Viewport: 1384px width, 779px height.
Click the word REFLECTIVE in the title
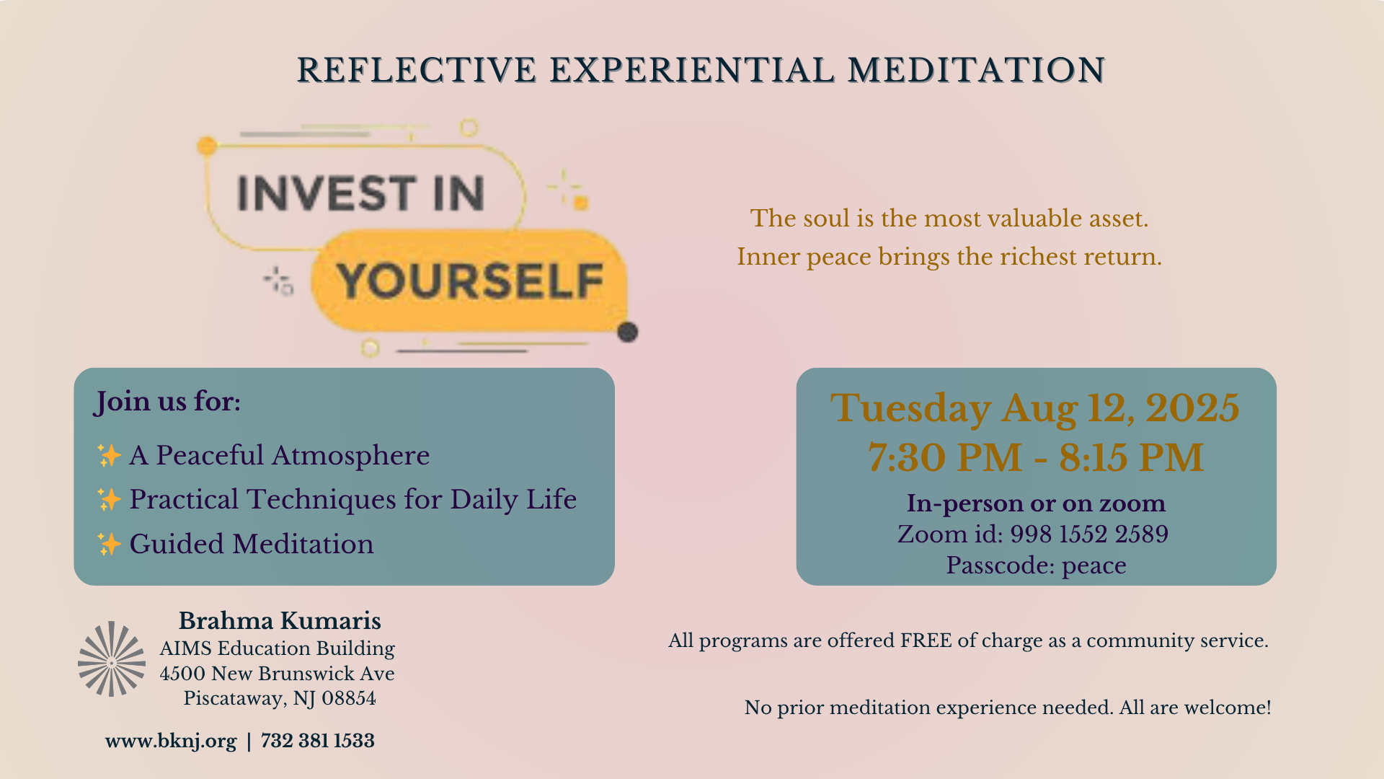tap(417, 71)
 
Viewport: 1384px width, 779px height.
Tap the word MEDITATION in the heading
tap(976, 71)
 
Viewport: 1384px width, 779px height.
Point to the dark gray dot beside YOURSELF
tap(628, 332)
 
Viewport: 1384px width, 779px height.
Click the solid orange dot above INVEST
tap(207, 146)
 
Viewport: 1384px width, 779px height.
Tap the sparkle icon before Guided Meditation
tap(109, 544)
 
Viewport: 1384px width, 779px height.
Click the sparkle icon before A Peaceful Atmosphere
tap(109, 455)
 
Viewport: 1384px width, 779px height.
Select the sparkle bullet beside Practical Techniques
tap(109, 499)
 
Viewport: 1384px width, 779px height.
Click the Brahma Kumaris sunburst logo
tap(112, 659)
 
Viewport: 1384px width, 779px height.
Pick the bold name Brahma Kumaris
tap(280, 620)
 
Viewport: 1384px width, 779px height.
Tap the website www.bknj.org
tap(171, 741)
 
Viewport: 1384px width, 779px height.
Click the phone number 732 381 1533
tap(318, 741)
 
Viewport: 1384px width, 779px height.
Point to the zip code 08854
tap(349, 698)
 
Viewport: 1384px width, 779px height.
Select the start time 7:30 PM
tap(944, 457)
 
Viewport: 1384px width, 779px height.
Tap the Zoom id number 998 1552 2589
tap(1089, 534)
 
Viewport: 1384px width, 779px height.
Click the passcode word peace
tap(1094, 566)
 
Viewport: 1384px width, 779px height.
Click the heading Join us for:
tap(167, 402)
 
